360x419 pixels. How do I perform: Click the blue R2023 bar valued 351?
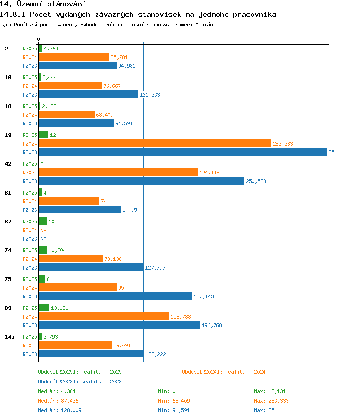coord(183,152)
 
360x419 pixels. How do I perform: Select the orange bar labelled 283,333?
coord(156,144)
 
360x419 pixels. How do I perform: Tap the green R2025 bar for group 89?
coord(44,308)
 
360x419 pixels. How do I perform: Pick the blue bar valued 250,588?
coord(142,181)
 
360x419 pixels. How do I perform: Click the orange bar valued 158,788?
coord(104,316)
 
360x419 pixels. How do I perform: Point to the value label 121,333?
coord(150,95)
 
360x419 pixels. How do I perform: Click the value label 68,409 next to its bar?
coord(105,115)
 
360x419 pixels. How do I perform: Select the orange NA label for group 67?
coord(44,230)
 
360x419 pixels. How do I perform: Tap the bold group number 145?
coord(10,337)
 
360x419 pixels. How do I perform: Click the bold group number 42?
coord(8,164)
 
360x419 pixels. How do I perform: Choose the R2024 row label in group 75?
coord(30,288)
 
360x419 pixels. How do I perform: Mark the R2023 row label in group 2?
coord(30,66)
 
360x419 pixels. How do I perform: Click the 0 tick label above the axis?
coord(39,39)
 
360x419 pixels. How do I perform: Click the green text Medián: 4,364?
coord(57,391)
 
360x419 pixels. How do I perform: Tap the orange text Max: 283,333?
coord(271,401)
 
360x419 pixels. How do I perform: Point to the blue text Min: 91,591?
coord(174,410)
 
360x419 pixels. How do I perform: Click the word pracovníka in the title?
coord(254,15)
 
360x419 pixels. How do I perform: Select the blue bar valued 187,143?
coord(116,296)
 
